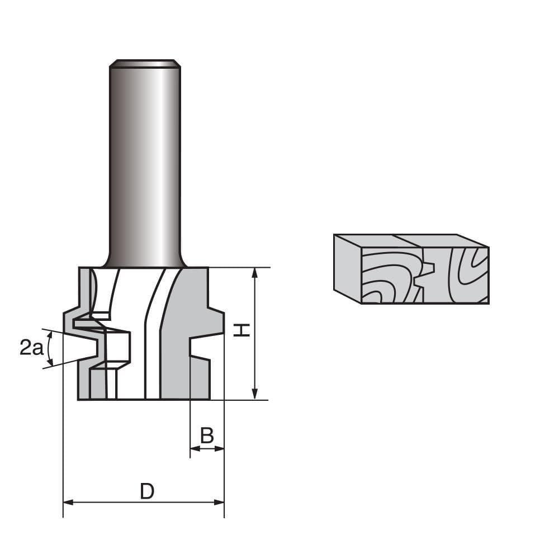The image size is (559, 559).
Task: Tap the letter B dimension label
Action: [207, 435]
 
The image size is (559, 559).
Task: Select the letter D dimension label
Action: [146, 491]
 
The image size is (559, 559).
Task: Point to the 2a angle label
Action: [31, 348]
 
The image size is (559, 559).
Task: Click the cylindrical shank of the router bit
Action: [145, 168]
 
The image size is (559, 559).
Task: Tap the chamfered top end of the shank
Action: [145, 63]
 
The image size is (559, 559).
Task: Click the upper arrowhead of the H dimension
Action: [255, 273]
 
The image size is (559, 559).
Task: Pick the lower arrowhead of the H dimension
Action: [255, 394]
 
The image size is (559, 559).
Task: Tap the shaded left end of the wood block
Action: [347, 267]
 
